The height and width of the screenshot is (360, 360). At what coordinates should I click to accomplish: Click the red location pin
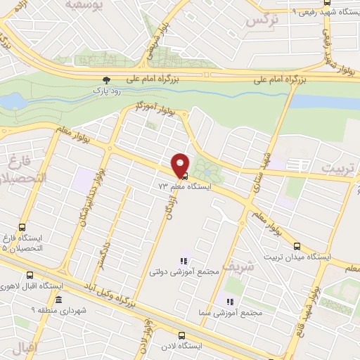(x=181, y=164)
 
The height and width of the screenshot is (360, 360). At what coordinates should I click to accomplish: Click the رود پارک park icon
(x=107, y=80)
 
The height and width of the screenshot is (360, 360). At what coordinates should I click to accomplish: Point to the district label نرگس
(x=259, y=20)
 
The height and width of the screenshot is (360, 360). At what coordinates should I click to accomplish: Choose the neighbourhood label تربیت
(x=340, y=169)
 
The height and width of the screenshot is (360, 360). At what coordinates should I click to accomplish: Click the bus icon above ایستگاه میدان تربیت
(x=297, y=247)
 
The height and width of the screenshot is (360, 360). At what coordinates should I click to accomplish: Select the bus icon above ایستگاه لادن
(x=182, y=336)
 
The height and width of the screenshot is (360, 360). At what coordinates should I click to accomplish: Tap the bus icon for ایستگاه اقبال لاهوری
(x=30, y=276)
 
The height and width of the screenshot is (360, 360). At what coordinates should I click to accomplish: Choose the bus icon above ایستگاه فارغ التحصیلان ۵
(x=22, y=228)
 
